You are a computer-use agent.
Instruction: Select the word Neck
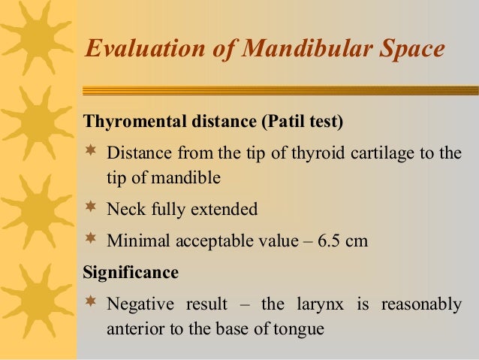[126, 209]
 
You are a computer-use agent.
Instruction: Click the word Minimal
[137, 241]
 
